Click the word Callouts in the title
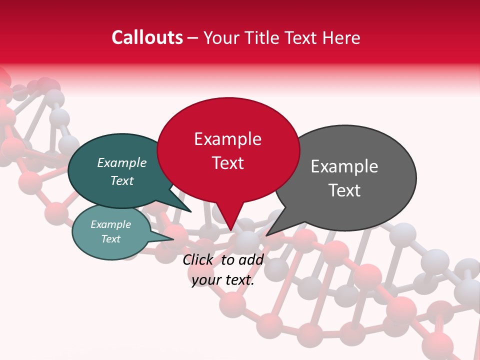[x=147, y=37]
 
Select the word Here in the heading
[x=341, y=38]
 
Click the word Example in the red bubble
[x=227, y=139]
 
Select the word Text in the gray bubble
[x=344, y=190]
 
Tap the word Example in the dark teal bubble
[x=121, y=162]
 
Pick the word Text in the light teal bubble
[x=110, y=239]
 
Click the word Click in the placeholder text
[x=198, y=259]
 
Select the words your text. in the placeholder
[x=223, y=280]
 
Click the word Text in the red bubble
[x=228, y=163]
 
